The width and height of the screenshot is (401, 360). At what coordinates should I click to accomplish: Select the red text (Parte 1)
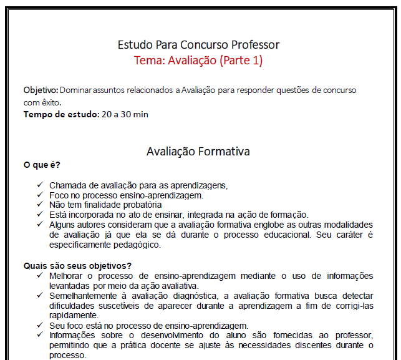241,61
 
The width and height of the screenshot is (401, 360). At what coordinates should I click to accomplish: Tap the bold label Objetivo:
41,90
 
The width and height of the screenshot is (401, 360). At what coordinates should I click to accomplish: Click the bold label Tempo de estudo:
61,114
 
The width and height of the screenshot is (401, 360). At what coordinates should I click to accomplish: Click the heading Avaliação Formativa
198,152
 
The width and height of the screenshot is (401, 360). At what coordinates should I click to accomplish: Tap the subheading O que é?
42,165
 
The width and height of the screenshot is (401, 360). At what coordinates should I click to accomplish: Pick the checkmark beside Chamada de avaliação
39,185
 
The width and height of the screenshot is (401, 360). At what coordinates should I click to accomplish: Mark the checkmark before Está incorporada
39,214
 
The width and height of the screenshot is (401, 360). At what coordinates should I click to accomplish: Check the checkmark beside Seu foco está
39,325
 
